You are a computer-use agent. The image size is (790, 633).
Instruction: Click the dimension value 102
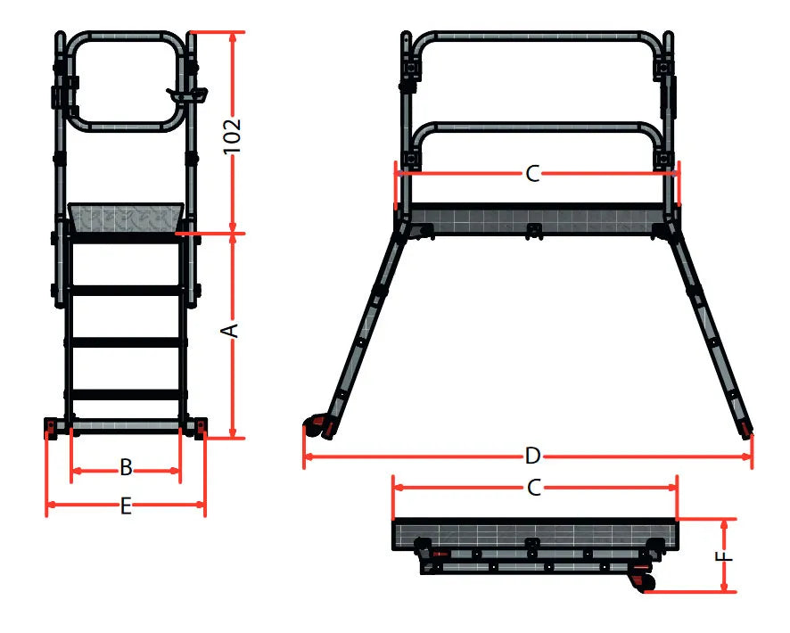(232, 136)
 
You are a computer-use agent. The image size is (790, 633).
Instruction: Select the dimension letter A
(230, 331)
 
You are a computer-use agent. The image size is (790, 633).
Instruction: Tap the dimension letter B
(126, 468)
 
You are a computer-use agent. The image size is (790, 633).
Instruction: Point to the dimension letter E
(126, 506)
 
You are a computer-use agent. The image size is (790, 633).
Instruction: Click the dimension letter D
(532, 456)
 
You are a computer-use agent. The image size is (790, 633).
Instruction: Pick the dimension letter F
(724, 556)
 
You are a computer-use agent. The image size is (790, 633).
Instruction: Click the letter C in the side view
(532, 174)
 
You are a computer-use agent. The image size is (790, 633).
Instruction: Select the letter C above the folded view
(534, 488)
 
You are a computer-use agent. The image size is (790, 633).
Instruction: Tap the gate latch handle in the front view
(187, 95)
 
